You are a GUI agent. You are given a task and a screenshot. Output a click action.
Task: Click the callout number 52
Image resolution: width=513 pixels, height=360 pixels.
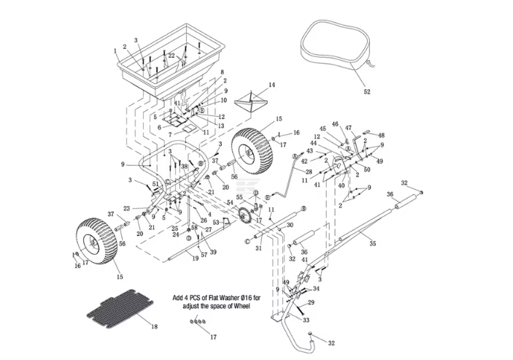pyautogui.click(x=366, y=92)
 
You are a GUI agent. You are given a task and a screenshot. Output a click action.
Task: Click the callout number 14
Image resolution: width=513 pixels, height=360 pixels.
pyautogui.click(x=271, y=85)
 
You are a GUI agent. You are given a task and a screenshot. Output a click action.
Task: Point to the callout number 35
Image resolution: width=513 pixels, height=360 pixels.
pyautogui.click(x=372, y=244)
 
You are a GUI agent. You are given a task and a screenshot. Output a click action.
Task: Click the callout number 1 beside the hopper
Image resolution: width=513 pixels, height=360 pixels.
pyautogui.click(x=115, y=51)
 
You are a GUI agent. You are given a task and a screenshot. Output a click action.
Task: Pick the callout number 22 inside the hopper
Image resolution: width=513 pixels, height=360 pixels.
pyautogui.click(x=171, y=56)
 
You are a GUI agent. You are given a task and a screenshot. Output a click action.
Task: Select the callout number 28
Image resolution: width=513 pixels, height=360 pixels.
pyautogui.click(x=308, y=172)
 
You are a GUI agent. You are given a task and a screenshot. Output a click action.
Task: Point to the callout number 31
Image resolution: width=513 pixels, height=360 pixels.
pyautogui.click(x=257, y=248)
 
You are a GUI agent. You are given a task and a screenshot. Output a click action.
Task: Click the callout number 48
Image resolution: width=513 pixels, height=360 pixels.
pyautogui.click(x=381, y=136)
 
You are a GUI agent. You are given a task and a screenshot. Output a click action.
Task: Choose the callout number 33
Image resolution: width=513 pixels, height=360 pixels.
pyautogui.click(x=306, y=320)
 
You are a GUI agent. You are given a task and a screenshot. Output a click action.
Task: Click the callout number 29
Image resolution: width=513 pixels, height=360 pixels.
pyautogui.click(x=311, y=302)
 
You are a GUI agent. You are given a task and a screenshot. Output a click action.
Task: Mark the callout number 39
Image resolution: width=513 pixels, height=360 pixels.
pyautogui.click(x=213, y=252)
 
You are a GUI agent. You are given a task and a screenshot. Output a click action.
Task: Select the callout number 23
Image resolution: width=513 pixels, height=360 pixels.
pyautogui.click(x=126, y=208)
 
